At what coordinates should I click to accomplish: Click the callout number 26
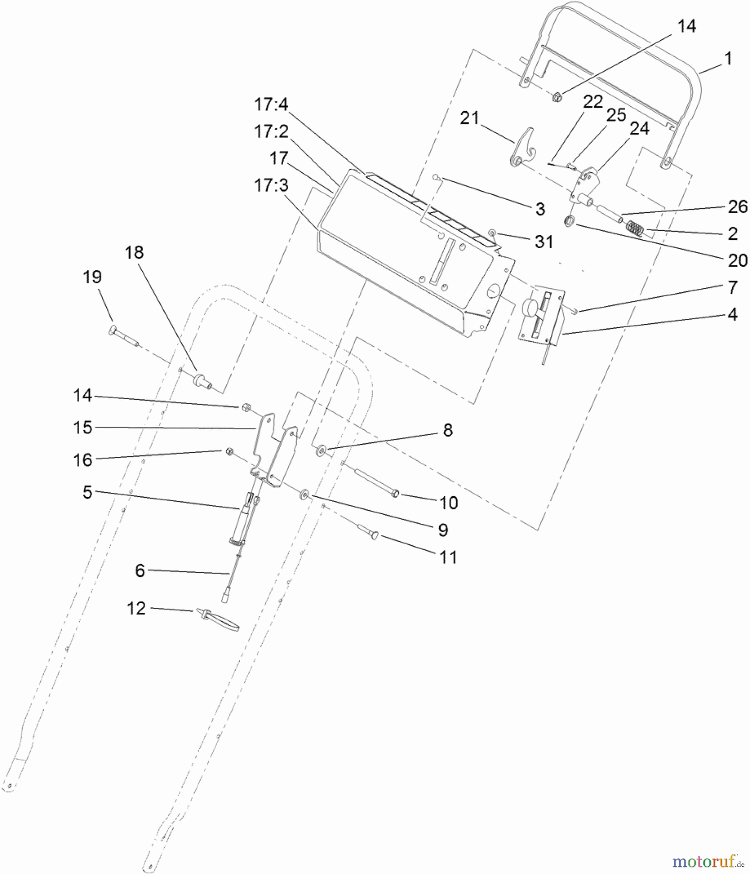737,207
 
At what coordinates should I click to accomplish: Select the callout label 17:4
271,104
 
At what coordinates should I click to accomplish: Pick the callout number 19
92,277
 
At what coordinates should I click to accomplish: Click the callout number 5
87,492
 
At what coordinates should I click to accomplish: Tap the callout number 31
544,241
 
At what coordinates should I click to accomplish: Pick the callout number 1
727,59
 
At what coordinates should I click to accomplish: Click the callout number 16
83,459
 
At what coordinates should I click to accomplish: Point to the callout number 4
732,315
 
